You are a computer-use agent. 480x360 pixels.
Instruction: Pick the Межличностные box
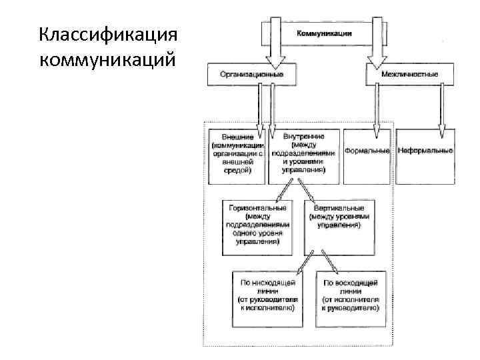(x=409, y=75)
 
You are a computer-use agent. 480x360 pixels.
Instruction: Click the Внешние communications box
(x=237, y=154)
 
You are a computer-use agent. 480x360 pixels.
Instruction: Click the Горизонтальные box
(x=257, y=227)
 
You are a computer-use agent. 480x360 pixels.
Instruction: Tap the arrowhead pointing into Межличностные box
(x=375, y=61)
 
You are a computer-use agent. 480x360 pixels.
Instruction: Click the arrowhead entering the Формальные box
(x=377, y=124)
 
